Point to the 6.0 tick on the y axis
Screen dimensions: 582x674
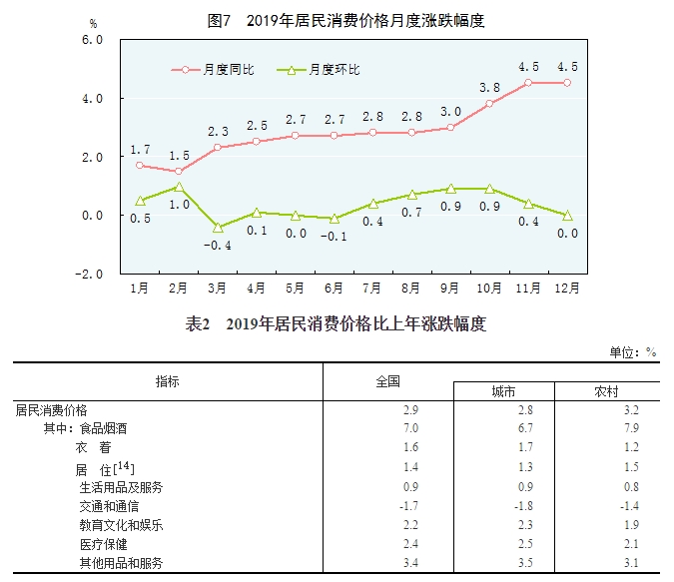click(93, 40)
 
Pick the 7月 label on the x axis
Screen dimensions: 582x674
click(372, 289)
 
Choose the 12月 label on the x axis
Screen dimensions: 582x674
click(568, 289)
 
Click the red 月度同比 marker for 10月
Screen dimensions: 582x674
click(489, 104)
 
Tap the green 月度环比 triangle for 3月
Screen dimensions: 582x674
click(218, 227)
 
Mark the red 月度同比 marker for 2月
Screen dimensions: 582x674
click(179, 171)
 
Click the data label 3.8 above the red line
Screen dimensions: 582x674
click(489, 87)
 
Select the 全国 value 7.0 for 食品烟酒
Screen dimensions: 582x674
click(409, 428)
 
